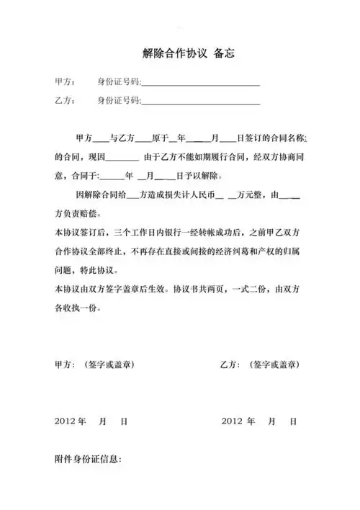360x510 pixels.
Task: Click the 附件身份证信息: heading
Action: pyautogui.click(x=88, y=459)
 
